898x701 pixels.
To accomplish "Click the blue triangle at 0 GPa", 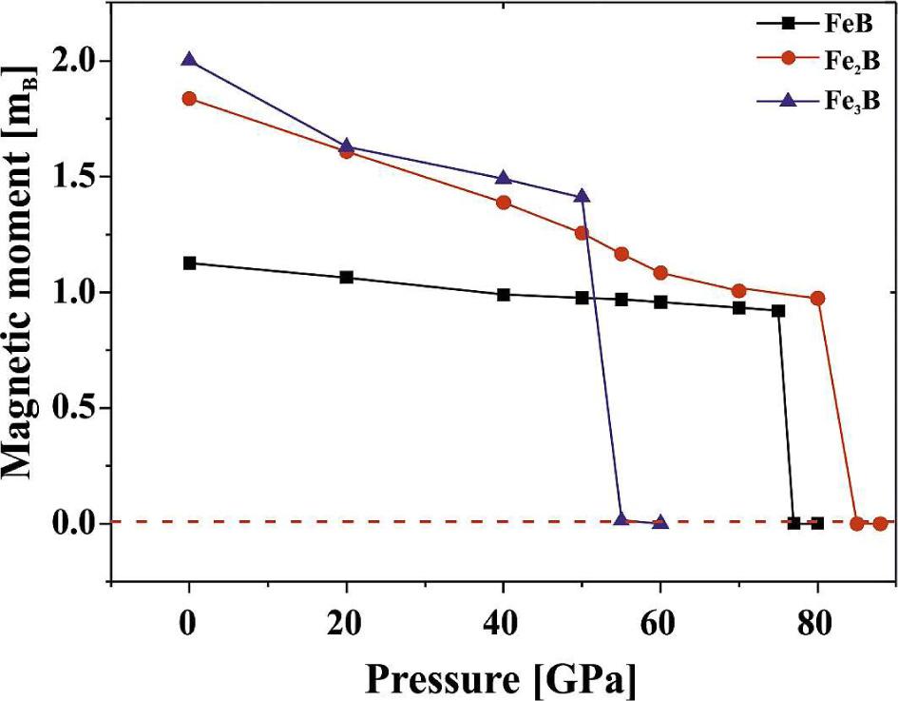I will (x=189, y=60).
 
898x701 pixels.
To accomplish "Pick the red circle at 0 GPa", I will (x=189, y=99).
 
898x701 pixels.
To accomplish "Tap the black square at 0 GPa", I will (x=189, y=263).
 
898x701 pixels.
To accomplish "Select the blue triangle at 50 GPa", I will (x=583, y=196).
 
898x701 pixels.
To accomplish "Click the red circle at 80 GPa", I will (x=817, y=299).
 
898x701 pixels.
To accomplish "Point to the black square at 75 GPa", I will (x=778, y=311).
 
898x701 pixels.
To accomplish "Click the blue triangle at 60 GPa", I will (x=660, y=522).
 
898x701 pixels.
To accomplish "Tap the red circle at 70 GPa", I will (x=739, y=291).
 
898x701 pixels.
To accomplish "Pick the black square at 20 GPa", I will (x=347, y=278).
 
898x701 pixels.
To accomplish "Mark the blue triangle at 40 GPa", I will (x=504, y=178).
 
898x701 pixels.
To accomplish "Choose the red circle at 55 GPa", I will (x=621, y=254).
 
